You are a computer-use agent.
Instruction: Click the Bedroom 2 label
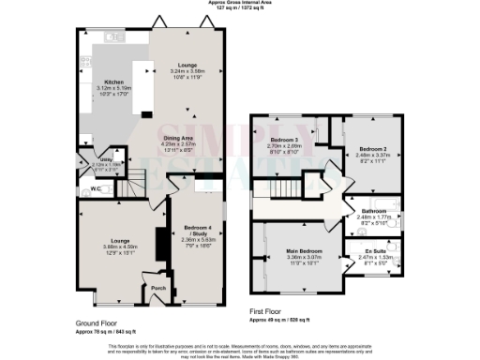373,149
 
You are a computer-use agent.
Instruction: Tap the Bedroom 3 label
283,140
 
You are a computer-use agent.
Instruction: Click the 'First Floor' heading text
268,309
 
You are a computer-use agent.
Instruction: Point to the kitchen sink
113,38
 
